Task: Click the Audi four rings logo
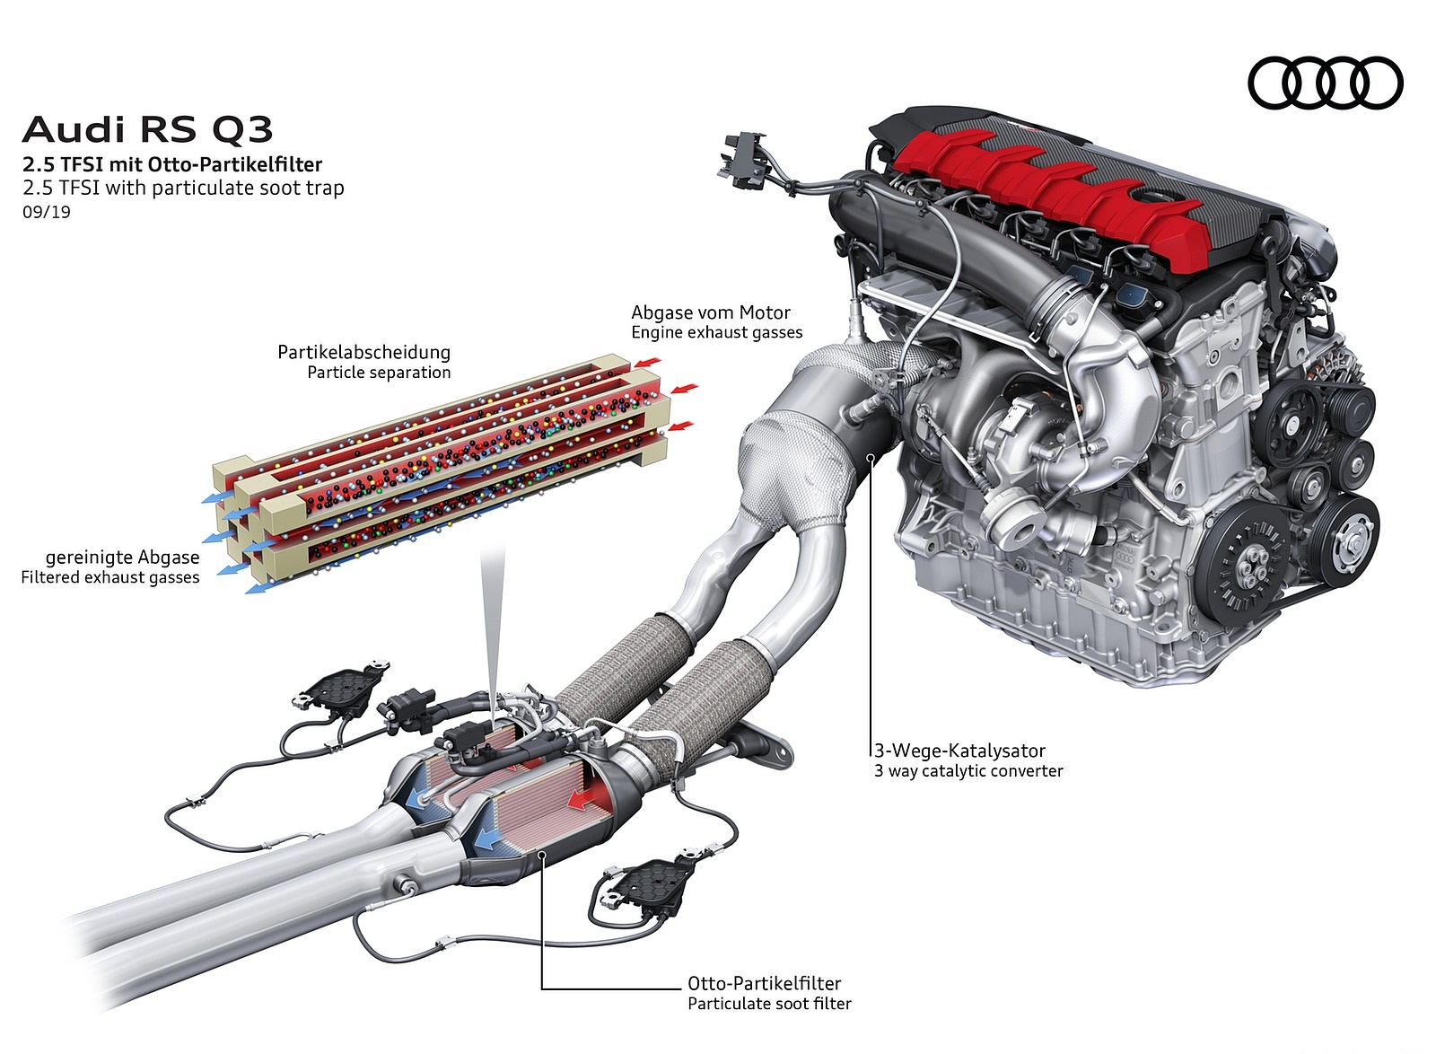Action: (1326, 83)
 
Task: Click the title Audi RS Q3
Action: (147, 129)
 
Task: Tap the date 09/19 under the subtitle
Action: (46, 212)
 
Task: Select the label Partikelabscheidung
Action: (363, 352)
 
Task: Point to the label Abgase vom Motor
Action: (710, 312)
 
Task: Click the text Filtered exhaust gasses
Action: (110, 577)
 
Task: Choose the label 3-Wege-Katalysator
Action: (959, 751)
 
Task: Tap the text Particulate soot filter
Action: (769, 1004)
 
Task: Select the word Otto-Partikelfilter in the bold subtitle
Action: (234, 165)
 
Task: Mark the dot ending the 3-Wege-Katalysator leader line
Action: (871, 457)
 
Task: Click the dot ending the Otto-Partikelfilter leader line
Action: (542, 853)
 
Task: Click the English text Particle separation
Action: (379, 373)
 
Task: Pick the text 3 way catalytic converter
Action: (968, 770)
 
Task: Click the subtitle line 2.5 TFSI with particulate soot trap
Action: (183, 188)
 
